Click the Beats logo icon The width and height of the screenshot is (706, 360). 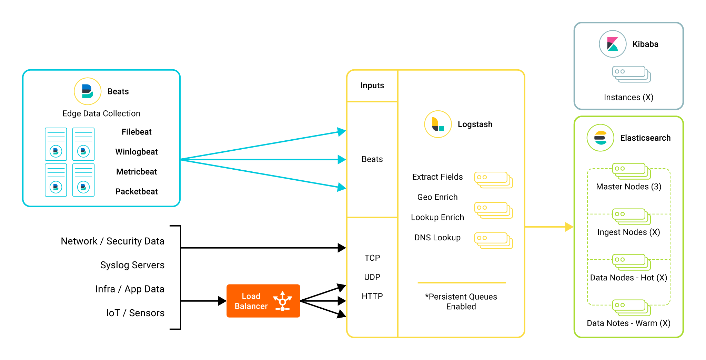88,91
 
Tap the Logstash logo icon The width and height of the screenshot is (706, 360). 438,124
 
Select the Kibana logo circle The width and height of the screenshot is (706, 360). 613,44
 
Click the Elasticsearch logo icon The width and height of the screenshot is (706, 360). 600,138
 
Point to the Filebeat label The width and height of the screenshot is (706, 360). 137,132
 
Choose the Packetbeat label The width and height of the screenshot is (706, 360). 137,192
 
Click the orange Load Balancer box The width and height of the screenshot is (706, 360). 263,301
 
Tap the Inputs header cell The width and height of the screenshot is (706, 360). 372,86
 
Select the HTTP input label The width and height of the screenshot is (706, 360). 372,296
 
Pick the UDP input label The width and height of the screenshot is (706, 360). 372,277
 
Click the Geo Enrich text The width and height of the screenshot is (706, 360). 437,197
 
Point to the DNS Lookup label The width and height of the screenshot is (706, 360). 437,238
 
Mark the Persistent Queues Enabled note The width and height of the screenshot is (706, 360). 461,302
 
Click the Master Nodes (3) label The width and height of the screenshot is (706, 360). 628,187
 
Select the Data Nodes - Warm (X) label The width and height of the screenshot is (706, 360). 628,323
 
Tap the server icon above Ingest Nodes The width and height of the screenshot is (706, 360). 631,217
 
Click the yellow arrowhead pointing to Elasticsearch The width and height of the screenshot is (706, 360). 569,227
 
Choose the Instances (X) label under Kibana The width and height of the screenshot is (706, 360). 628,97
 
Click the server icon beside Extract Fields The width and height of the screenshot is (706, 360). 493,180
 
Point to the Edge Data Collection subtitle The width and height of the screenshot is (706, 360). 101,113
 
